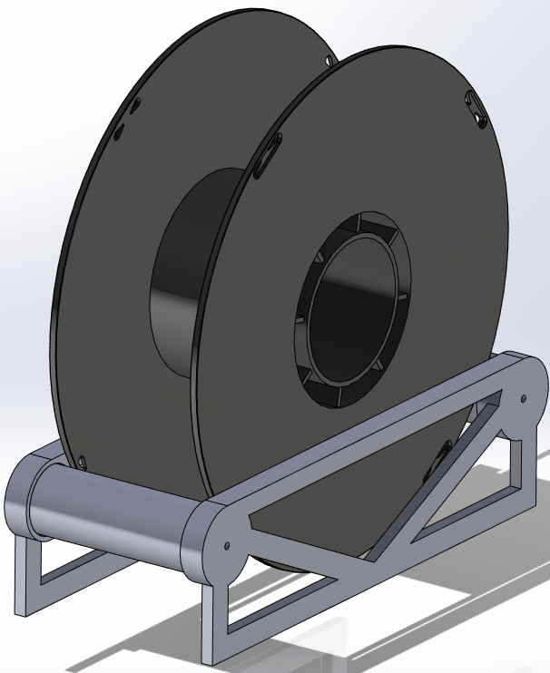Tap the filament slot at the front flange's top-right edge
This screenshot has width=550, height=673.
tap(476, 107)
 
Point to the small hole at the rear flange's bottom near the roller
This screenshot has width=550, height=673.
tap(82, 462)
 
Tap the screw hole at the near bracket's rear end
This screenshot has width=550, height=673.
tap(523, 396)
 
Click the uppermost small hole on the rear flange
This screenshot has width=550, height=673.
tap(134, 106)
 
